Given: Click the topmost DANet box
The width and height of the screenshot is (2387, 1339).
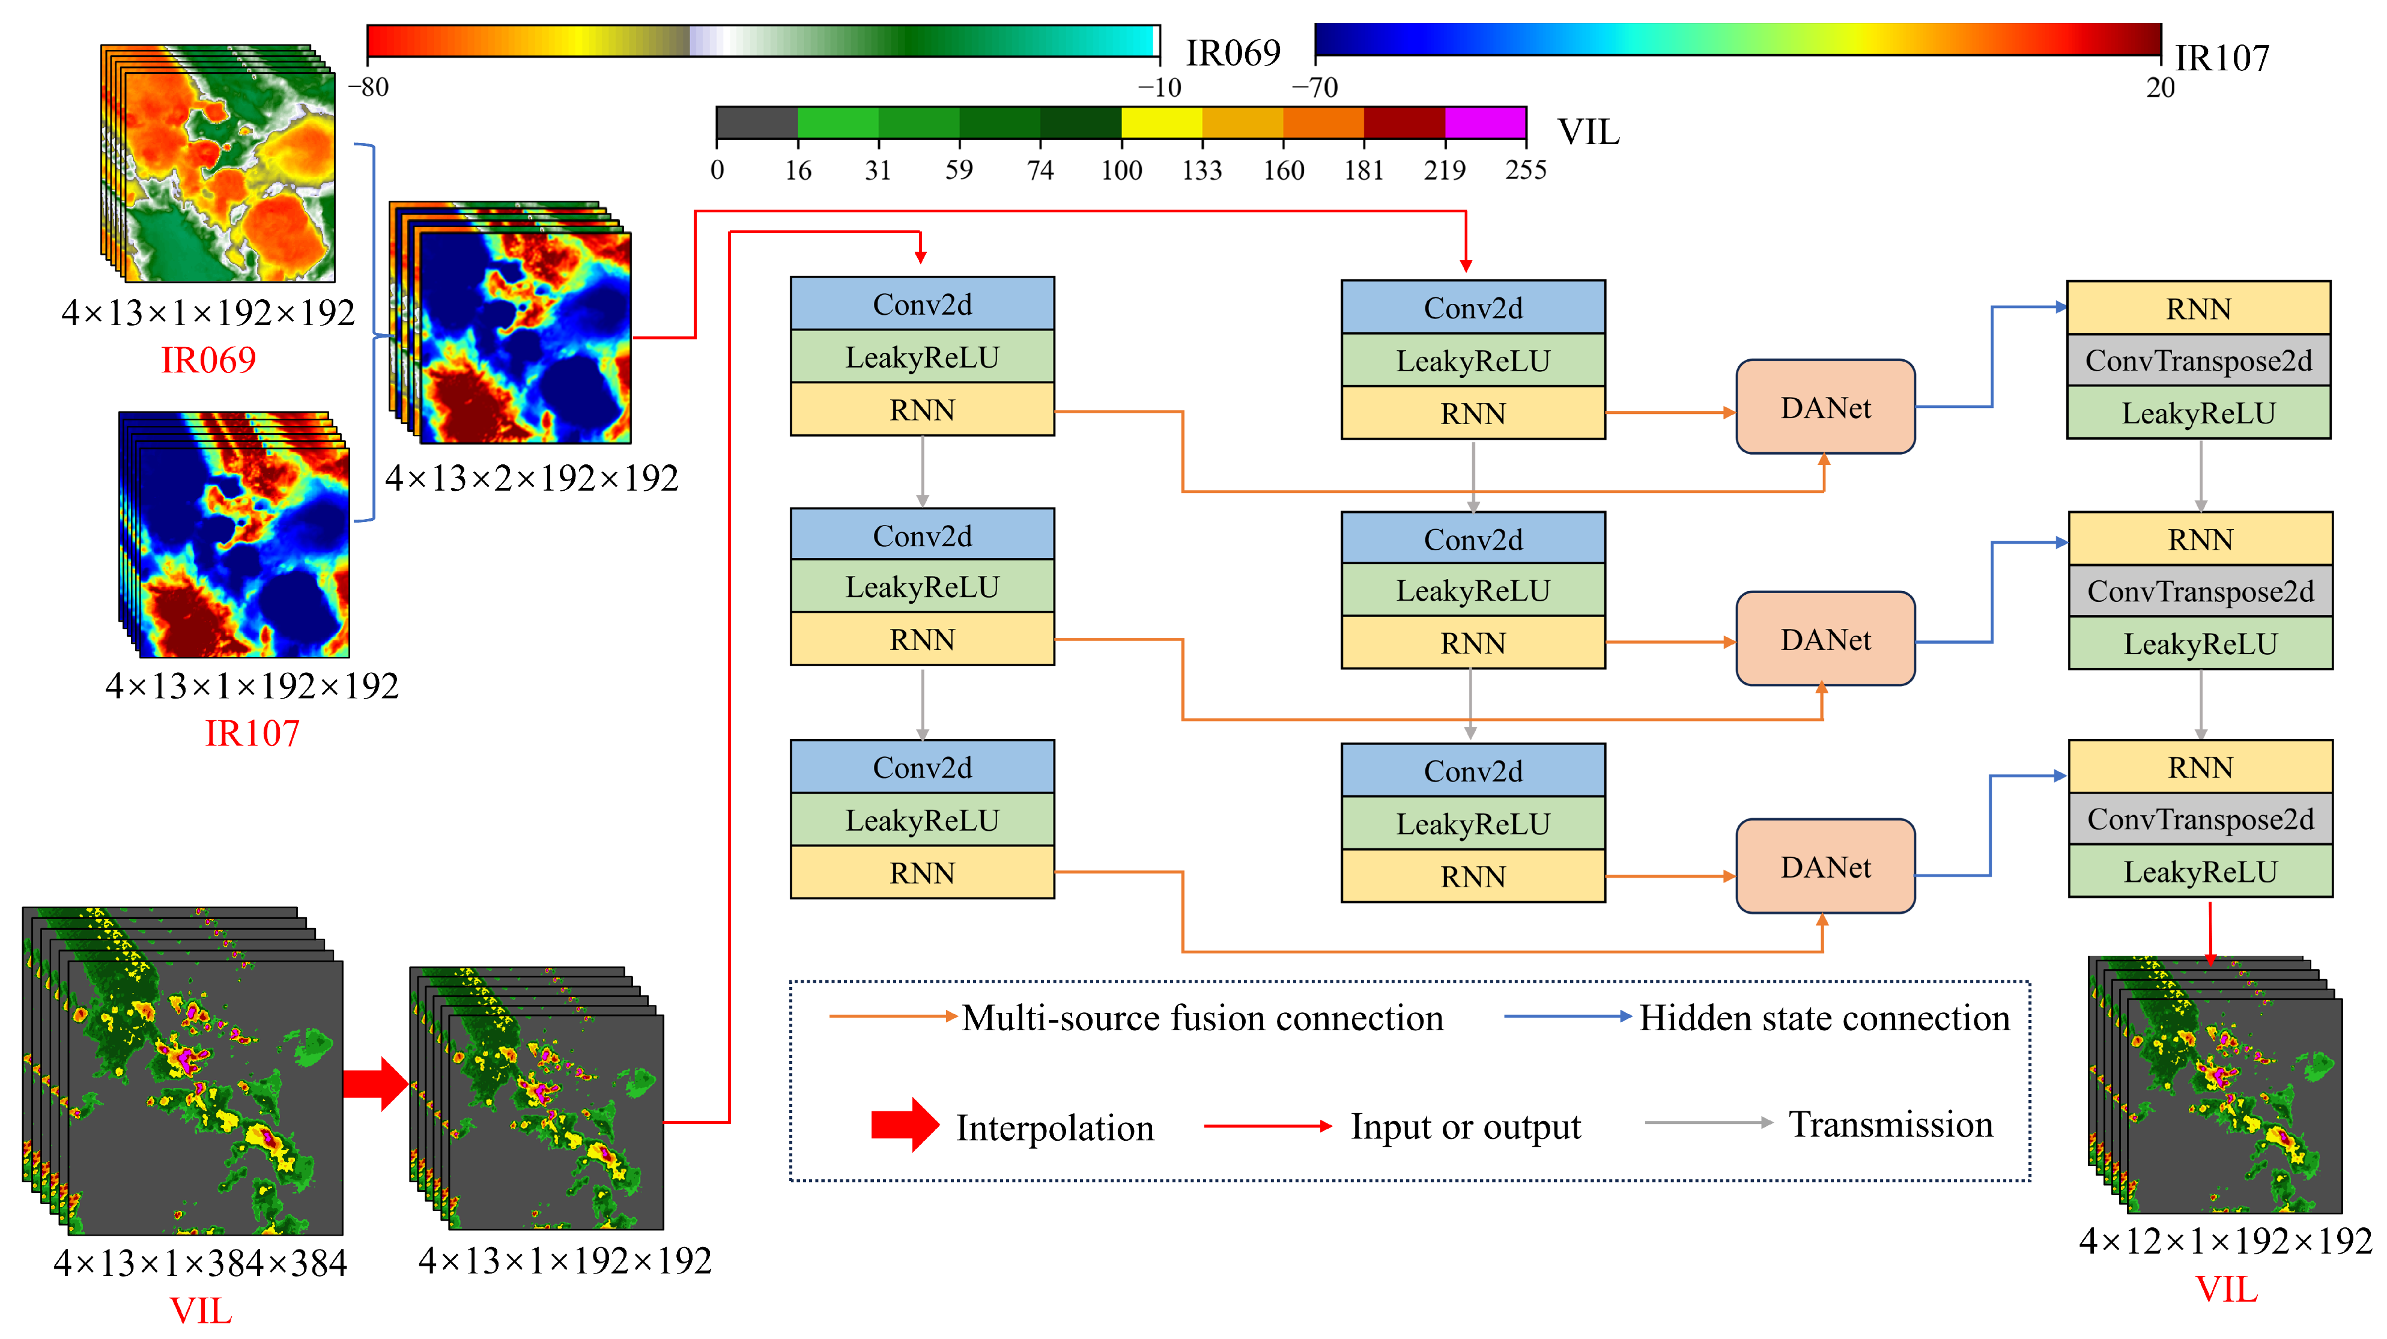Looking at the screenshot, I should pos(1825,407).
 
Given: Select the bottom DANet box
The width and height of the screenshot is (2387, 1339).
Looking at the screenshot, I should pos(1825,866).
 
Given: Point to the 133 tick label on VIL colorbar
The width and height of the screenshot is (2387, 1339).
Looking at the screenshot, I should pos(1202,169).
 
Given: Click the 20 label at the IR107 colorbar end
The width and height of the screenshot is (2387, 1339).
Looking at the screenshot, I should pos(2160,87).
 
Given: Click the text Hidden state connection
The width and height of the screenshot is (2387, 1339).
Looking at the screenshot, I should pos(1824,1018).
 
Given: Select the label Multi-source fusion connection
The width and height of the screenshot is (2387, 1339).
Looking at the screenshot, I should pos(1202,1018).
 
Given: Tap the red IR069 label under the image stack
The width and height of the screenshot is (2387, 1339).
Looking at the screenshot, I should pos(208,360).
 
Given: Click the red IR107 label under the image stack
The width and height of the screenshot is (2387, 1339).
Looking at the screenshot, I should pos(252,733).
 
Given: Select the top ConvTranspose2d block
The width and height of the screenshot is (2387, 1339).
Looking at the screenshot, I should pos(2198,360).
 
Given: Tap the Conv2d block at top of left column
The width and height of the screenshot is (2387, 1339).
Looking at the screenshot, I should pos(922,304).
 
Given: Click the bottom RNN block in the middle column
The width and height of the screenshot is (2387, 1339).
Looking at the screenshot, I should pos(1472,876).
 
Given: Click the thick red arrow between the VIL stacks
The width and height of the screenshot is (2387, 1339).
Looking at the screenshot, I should pos(375,1083).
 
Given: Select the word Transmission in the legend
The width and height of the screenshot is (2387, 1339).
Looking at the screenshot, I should pos(1890,1124).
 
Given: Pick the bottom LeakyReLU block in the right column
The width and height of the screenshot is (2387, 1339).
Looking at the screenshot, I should pos(2200,871).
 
